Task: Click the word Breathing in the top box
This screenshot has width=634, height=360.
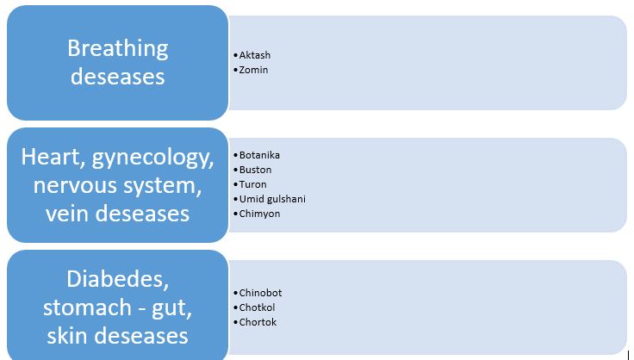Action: coord(118,49)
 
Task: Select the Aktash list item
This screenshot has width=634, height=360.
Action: coord(255,55)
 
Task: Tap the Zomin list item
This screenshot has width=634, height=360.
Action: coord(253,70)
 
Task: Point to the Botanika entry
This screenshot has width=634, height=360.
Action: coord(259,155)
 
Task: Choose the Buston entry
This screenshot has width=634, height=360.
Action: coord(256,170)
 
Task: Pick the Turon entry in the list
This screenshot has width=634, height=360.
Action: coord(253,184)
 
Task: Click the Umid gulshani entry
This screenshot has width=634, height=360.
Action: coord(272,199)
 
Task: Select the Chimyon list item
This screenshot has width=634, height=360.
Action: coord(259,214)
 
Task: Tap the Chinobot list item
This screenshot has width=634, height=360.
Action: coord(260,293)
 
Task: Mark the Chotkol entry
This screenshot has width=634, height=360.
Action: coord(258,307)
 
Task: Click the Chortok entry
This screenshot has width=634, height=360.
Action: coord(258,322)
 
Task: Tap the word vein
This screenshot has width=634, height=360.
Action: coord(66,213)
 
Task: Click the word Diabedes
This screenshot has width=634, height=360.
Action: coord(118,280)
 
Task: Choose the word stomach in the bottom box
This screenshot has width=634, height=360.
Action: coord(87,307)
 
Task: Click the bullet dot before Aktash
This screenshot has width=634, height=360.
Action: coord(236,55)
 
